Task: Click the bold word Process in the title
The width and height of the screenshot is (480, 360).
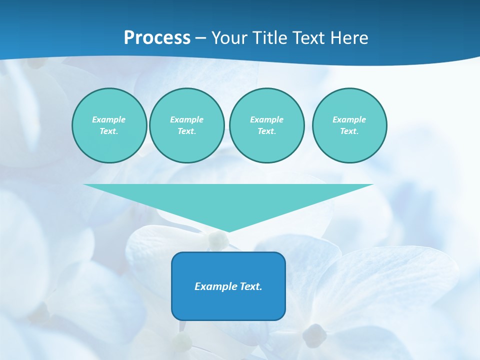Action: tap(157, 38)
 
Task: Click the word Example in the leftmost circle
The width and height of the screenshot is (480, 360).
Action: tap(109, 119)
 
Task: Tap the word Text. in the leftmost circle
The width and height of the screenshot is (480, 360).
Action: tap(109, 131)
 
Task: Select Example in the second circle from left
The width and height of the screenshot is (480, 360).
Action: tap(186, 119)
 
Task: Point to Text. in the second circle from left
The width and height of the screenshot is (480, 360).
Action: tap(186, 131)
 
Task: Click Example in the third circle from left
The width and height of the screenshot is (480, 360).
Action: tap(266, 119)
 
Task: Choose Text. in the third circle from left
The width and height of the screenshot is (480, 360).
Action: tap(266, 131)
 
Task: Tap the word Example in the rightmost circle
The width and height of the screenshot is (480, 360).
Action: tap(349, 119)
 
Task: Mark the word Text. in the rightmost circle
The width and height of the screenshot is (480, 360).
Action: tap(349, 131)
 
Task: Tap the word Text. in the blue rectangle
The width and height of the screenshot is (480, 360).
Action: tap(250, 286)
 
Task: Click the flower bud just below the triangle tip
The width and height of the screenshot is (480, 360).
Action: tap(218, 241)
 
